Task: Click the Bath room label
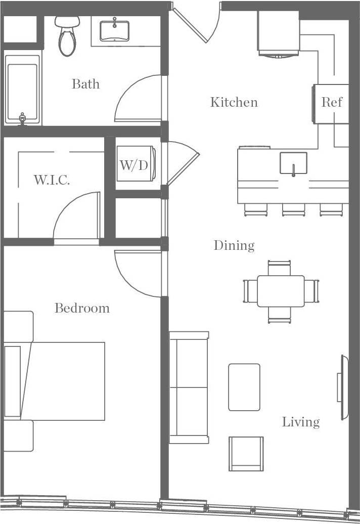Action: (85, 83)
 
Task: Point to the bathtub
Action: (22, 89)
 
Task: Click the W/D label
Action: (133, 165)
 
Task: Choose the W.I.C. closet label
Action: (52, 180)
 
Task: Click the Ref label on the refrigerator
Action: (332, 103)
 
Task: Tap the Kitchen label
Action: (234, 103)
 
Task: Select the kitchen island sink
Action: (293, 163)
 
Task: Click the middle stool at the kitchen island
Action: (293, 209)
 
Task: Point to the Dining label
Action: (234, 246)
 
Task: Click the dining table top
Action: (281, 291)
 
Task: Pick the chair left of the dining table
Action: (250, 291)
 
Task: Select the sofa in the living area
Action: (189, 387)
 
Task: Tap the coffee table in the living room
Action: (244, 387)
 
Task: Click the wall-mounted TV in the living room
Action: (343, 387)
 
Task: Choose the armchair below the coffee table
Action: (246, 453)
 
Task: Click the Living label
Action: (301, 422)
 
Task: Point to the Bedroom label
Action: (82, 308)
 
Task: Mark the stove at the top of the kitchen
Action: (279, 33)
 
